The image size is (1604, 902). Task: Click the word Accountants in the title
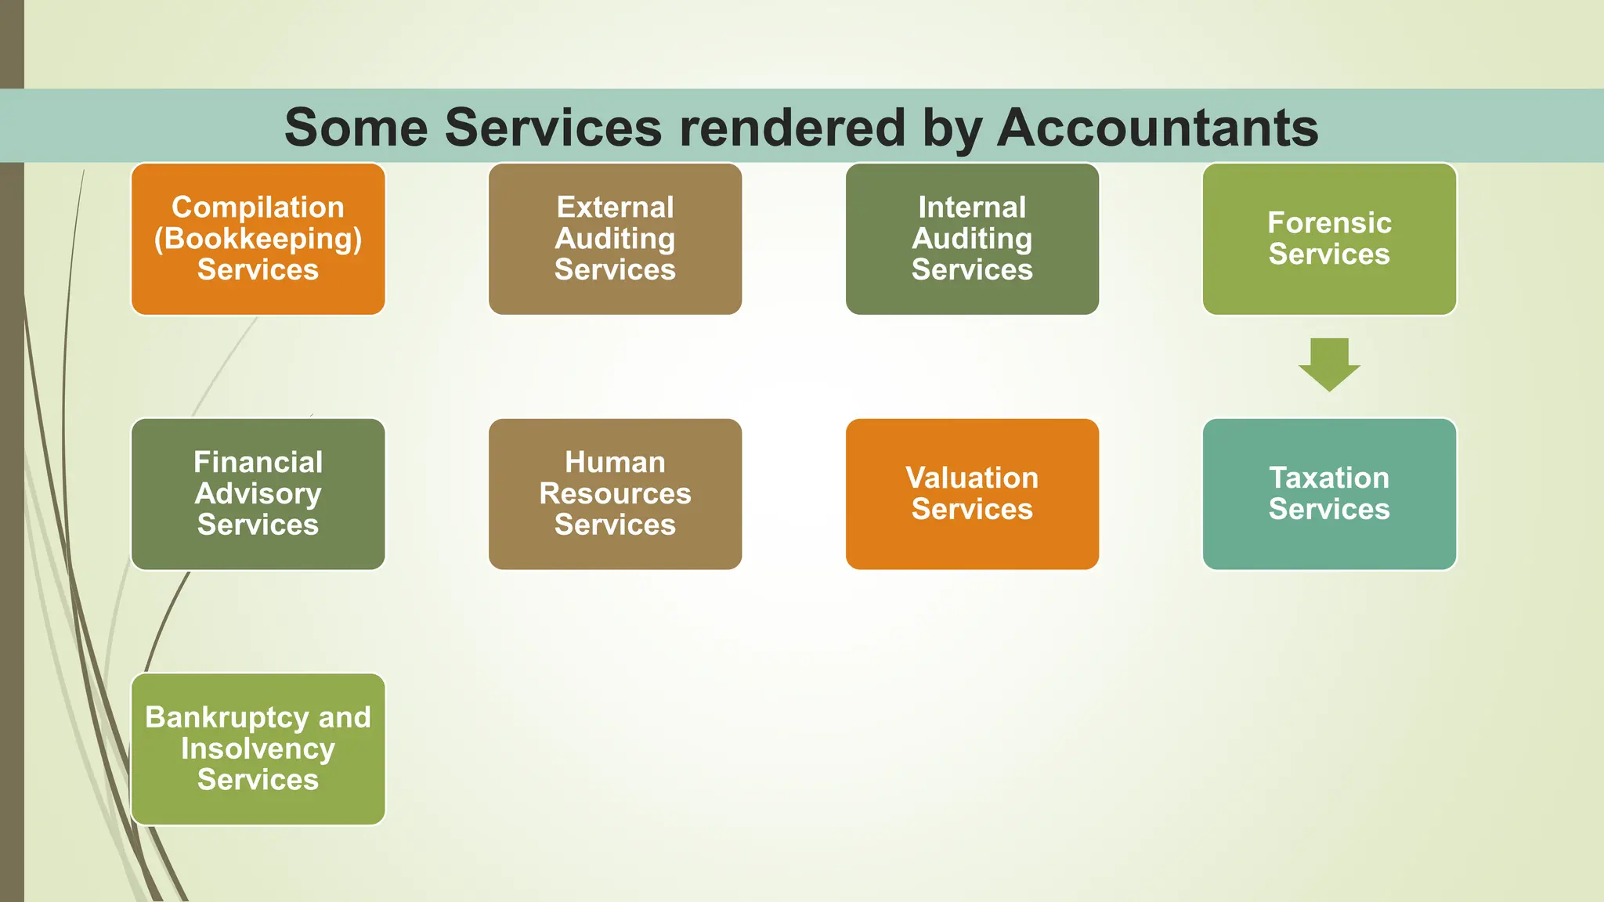[1158, 128]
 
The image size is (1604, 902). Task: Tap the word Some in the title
[356, 128]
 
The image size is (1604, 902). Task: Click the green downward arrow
[1329, 364]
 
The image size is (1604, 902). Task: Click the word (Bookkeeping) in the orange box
[258, 239]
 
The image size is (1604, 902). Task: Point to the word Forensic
[1329, 223]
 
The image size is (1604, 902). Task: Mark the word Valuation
[972, 478]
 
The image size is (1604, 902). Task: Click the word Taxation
[1329, 478]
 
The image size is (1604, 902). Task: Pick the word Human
[615, 463]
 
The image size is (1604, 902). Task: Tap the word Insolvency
[258, 749]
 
